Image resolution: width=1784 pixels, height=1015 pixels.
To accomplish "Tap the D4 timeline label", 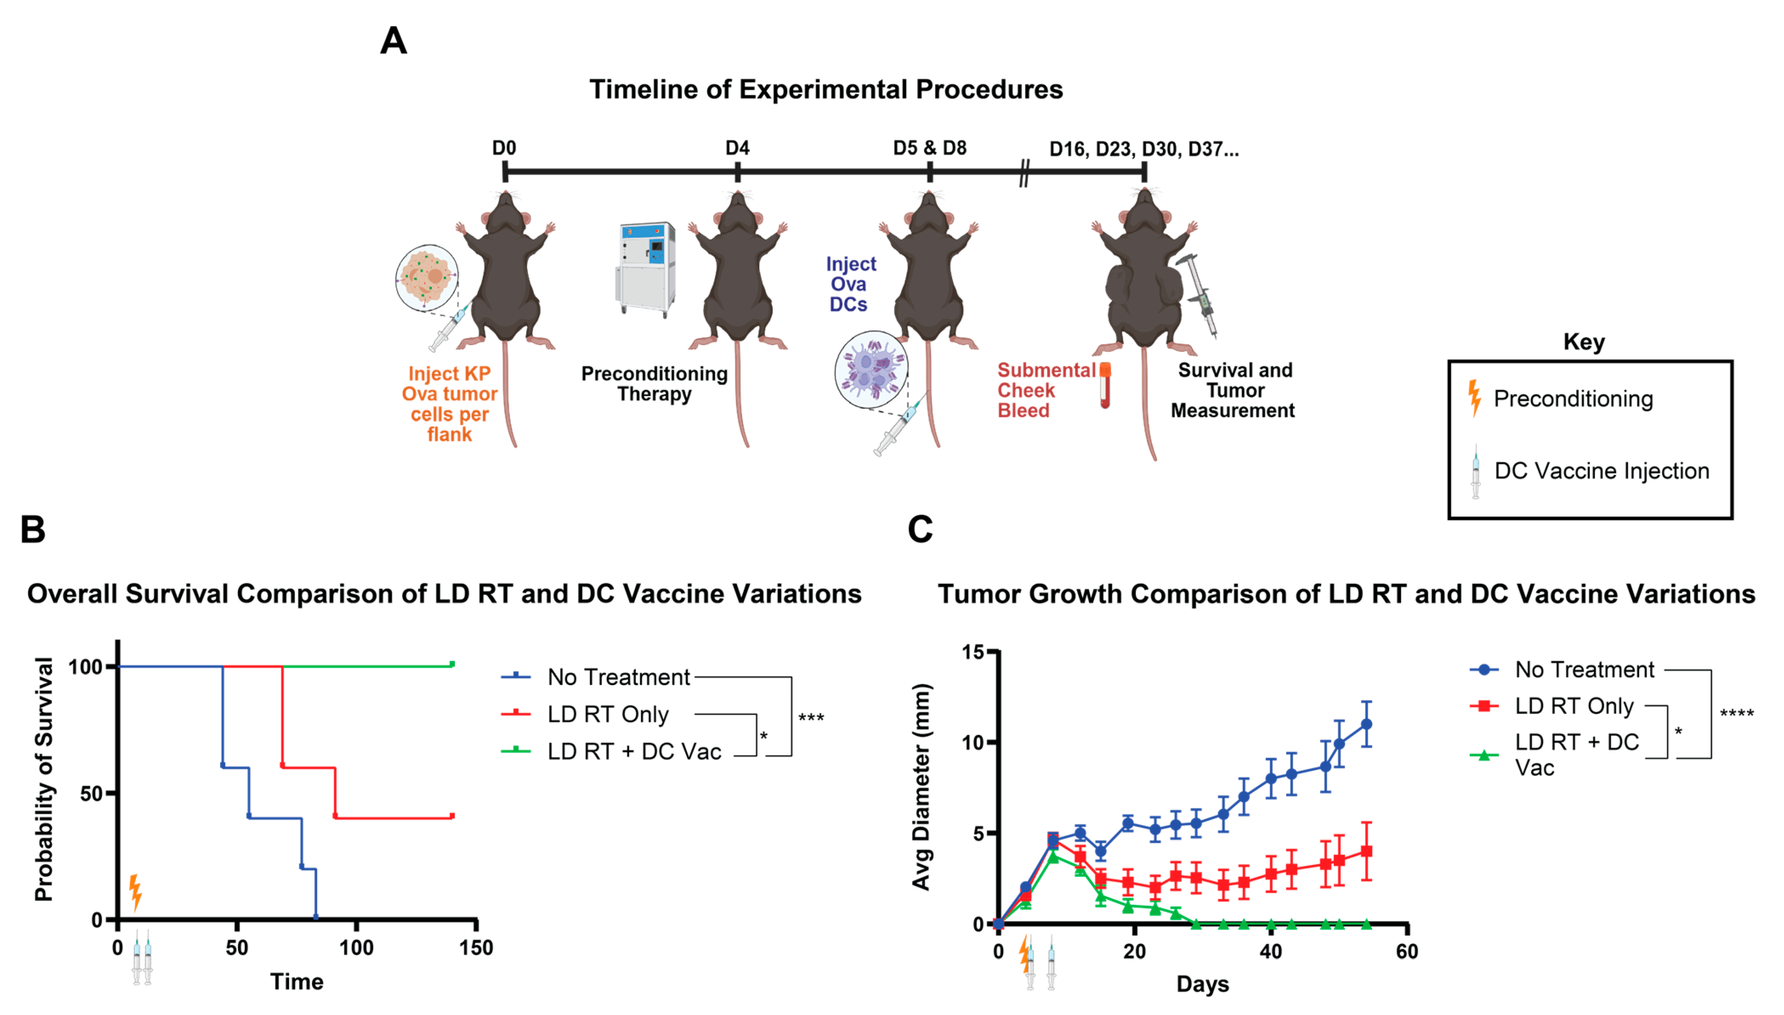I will tap(737, 148).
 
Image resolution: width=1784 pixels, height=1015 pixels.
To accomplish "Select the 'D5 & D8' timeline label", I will tap(929, 148).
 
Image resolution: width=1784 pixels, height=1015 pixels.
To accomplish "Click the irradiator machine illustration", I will tap(645, 268).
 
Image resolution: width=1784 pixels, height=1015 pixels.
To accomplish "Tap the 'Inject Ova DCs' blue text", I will tap(850, 284).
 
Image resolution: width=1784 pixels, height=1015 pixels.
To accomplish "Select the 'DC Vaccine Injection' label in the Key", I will tap(1602, 471).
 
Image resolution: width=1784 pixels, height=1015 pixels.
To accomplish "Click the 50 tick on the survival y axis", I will tap(92, 793).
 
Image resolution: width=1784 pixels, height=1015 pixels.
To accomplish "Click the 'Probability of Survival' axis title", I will tap(43, 779).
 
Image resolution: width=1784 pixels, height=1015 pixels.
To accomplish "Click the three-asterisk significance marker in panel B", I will tap(811, 718).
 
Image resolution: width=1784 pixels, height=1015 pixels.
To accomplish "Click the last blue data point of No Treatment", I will tap(1366, 724).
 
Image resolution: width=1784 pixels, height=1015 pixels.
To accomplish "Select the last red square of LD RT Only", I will tap(1366, 851).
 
